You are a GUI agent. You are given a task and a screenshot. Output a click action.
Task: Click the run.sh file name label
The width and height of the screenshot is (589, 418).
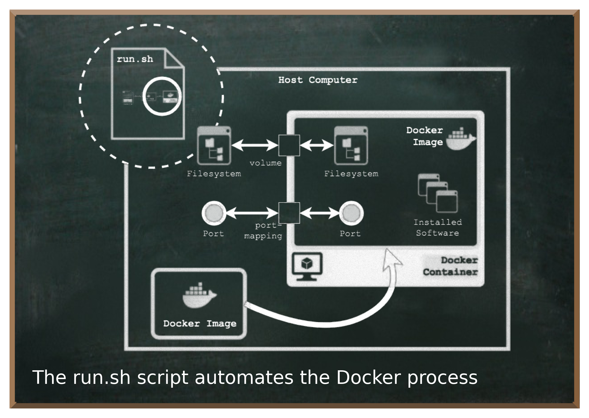(135, 59)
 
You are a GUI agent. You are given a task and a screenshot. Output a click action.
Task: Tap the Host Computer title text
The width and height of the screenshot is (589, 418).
(318, 80)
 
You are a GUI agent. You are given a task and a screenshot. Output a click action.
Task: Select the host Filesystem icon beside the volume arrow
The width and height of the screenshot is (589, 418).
(214, 146)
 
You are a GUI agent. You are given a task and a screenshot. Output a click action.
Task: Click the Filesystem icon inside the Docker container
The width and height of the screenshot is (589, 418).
(351, 146)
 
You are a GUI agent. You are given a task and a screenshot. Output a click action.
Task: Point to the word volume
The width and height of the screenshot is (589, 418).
(265, 163)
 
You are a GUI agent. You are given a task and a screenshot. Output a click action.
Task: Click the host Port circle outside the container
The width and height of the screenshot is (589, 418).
(214, 213)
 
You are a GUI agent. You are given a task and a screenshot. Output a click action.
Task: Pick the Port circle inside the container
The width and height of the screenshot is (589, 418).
(351, 213)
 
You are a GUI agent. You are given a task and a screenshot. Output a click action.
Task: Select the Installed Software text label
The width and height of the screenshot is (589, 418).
(438, 228)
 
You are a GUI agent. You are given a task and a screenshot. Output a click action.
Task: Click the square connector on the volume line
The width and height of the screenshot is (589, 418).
(289, 146)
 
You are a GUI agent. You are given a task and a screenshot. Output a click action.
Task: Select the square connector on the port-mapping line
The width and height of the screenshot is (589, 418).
(289, 213)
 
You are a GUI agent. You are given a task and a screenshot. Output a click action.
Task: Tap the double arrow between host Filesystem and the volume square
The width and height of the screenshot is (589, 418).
(255, 146)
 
